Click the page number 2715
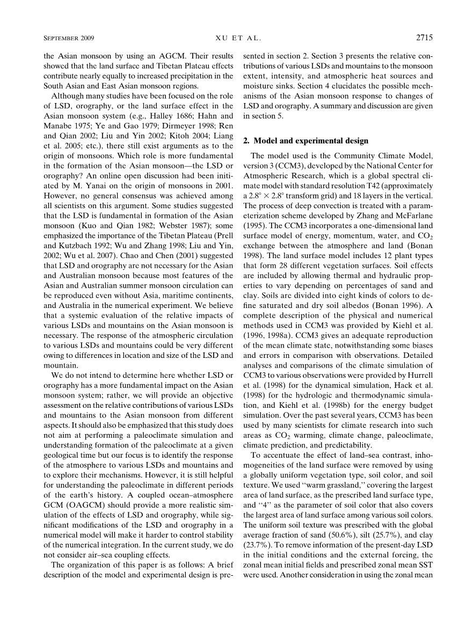pos(424,38)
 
